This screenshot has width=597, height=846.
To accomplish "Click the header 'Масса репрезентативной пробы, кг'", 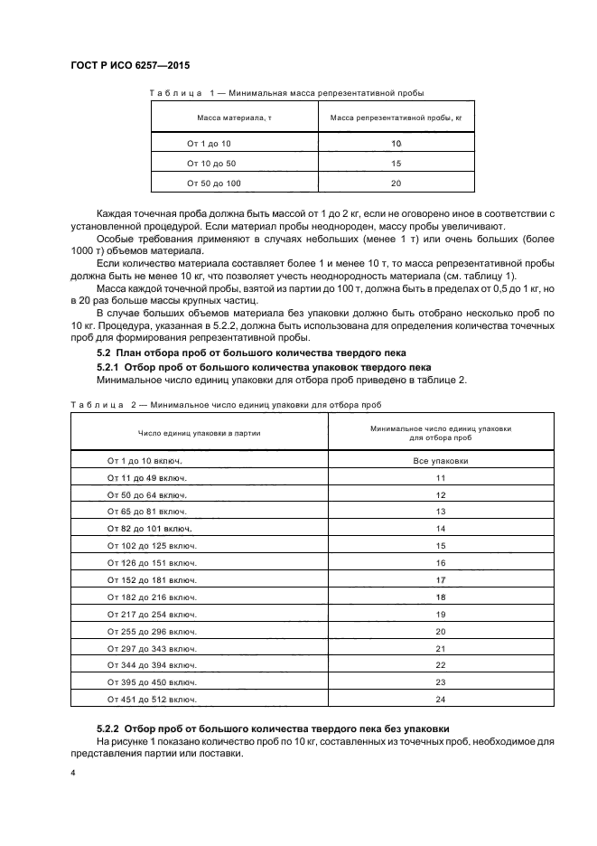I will [396, 117].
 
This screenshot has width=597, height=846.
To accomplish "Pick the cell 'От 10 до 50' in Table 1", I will [210, 164].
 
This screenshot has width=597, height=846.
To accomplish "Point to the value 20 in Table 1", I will [396, 183].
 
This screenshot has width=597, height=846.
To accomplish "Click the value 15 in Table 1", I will [396, 164].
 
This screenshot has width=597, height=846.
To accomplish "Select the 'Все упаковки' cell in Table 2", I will [441, 460].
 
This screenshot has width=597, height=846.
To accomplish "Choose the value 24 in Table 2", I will [441, 700].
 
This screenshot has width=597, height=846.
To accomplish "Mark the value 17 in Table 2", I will [441, 579].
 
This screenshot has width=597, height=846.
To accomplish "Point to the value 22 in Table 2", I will [441, 665].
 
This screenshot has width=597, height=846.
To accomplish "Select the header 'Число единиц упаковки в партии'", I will [199, 433].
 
